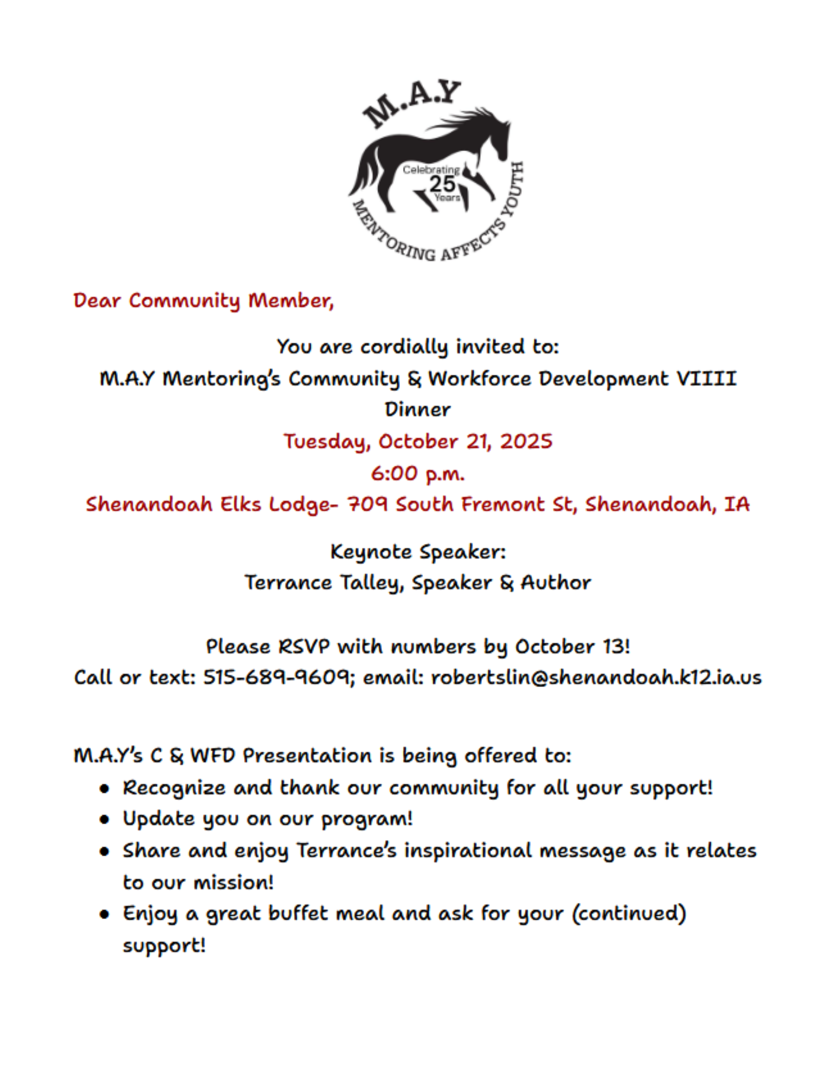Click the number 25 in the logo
tap(442, 184)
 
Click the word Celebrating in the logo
tap(431, 170)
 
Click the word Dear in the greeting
tap(97, 301)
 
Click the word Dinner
tap(418, 410)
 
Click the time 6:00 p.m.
tap(418, 474)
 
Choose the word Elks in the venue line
tap(240, 504)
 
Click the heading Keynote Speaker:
tap(418, 551)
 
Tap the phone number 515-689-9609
tap(277, 677)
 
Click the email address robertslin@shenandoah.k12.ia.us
tap(596, 677)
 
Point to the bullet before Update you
tap(104, 819)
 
